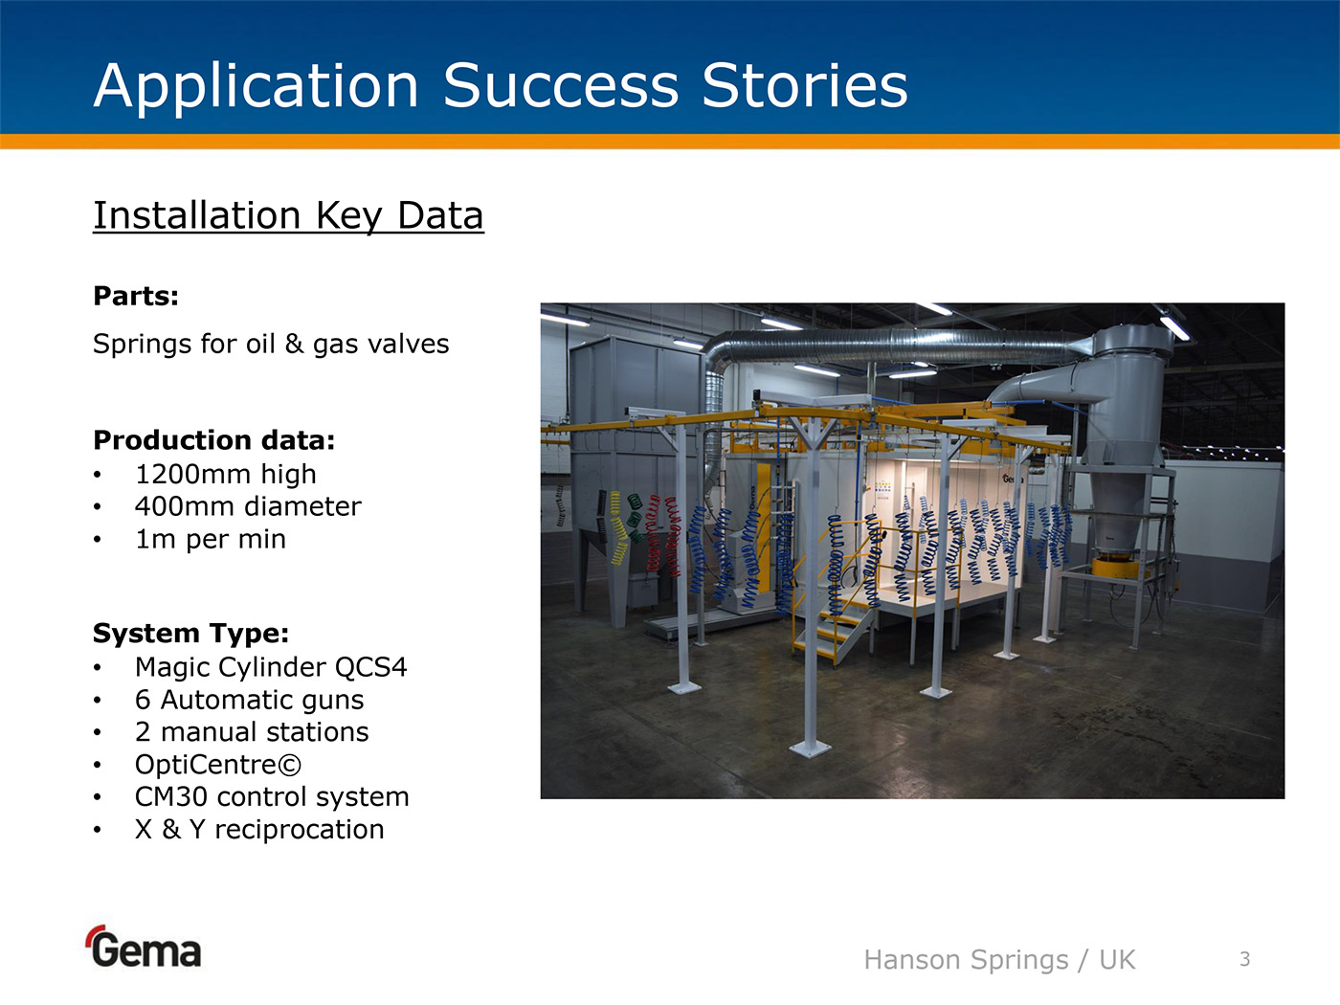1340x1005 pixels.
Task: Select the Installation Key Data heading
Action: click(x=288, y=216)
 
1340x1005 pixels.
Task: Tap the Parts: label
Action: click(x=136, y=296)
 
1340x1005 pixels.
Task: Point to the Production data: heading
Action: click(x=213, y=440)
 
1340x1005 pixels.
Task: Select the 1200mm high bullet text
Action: click(x=225, y=474)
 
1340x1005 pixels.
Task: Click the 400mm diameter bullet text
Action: click(x=248, y=506)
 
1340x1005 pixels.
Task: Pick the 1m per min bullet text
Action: click(x=210, y=540)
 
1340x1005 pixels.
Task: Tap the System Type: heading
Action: click(x=190, y=634)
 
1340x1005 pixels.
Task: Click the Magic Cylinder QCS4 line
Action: click(x=271, y=667)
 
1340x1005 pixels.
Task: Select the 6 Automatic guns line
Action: click(x=249, y=700)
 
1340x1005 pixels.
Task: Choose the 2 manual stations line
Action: click(x=252, y=732)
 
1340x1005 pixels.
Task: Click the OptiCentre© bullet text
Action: click(x=218, y=765)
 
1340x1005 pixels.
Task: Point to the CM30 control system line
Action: click(x=272, y=797)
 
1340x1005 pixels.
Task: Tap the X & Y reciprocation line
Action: click(x=259, y=829)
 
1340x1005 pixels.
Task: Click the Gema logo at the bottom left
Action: click(x=144, y=947)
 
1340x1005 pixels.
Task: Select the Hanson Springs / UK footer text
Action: click(x=999, y=960)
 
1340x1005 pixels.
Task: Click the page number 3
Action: click(x=1245, y=959)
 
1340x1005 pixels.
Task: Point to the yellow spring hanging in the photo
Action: click(x=618, y=527)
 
